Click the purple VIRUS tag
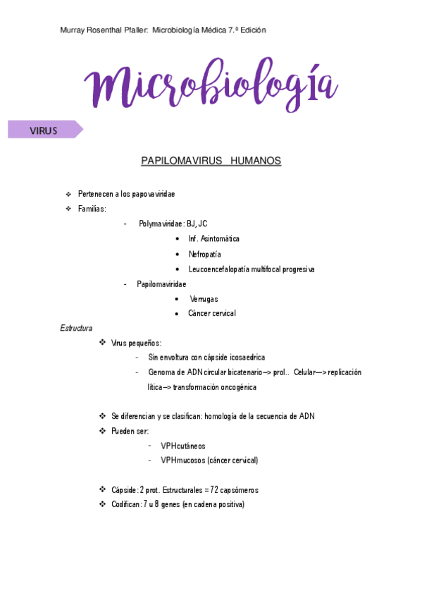(44, 130)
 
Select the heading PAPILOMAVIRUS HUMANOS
(211, 161)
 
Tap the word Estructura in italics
(77, 328)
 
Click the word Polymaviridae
(160, 224)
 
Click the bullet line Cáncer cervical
(211, 313)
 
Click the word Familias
(92, 209)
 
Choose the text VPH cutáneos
(182, 446)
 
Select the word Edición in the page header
(252, 30)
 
